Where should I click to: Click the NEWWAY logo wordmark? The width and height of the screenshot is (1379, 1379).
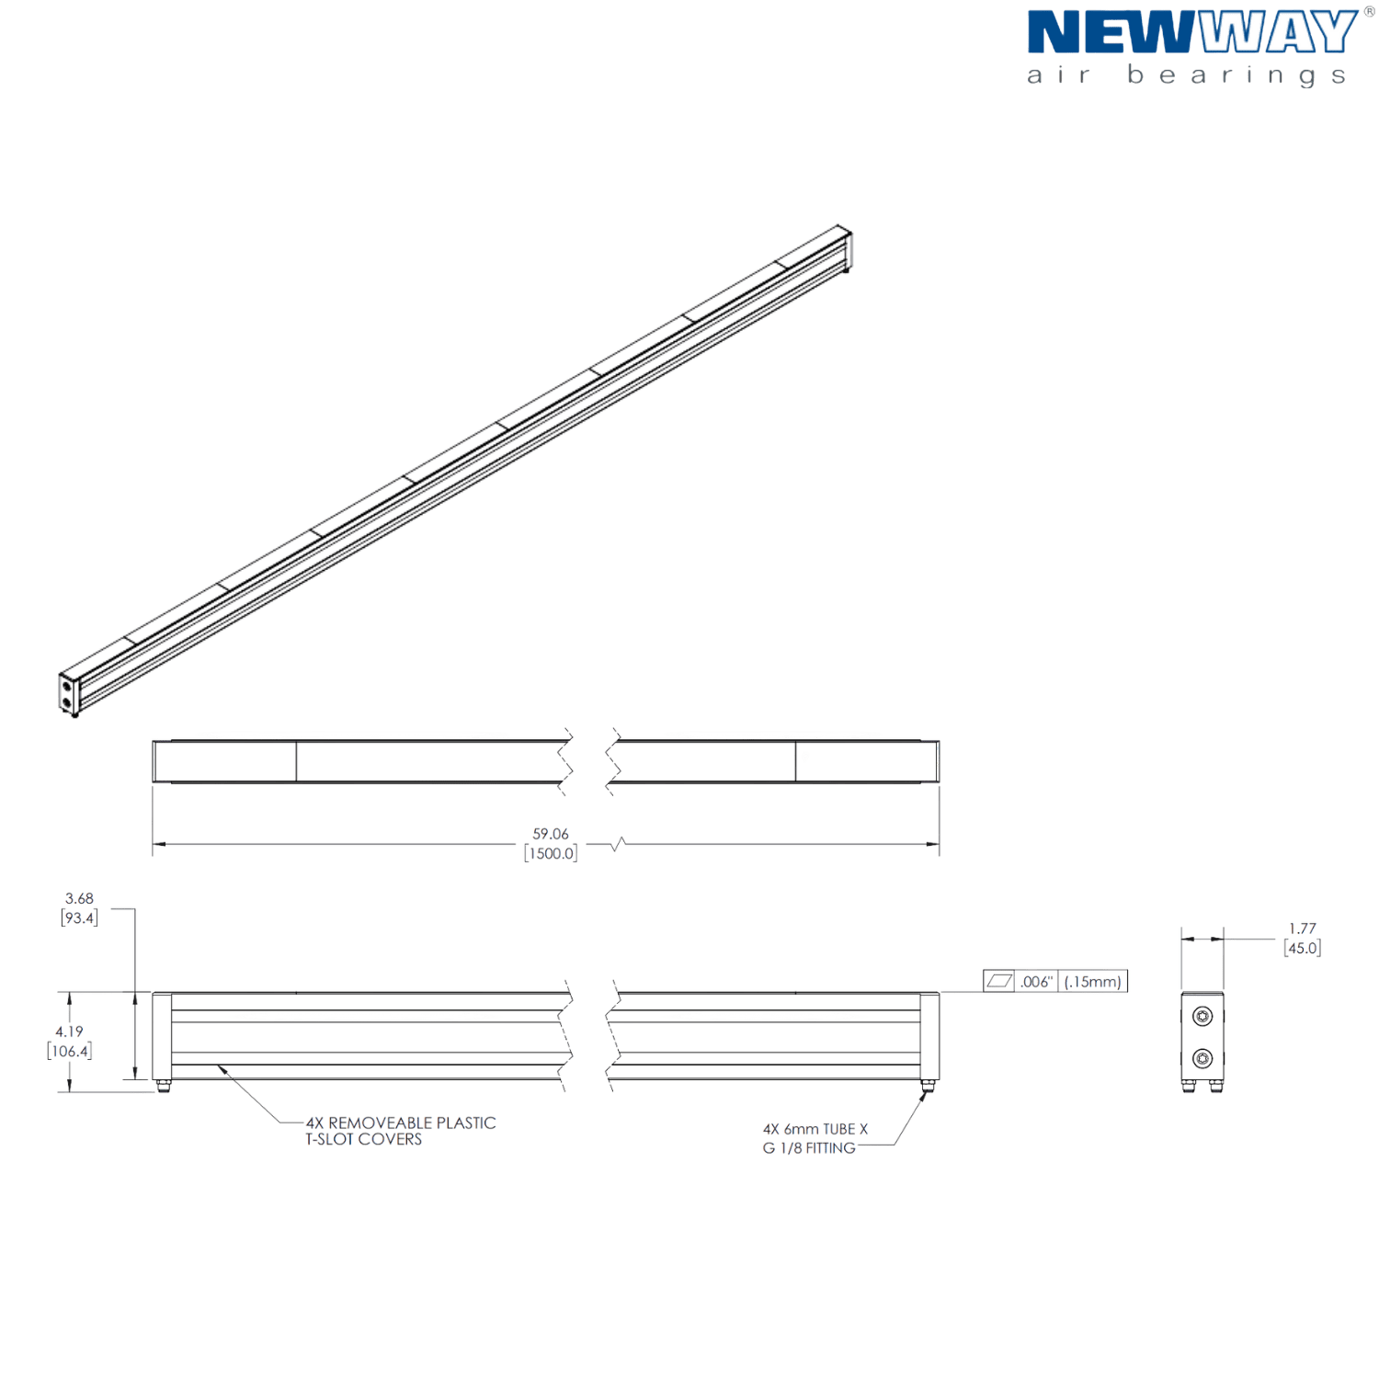pos(1191,33)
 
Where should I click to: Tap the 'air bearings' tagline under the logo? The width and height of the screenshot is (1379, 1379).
pos(1187,75)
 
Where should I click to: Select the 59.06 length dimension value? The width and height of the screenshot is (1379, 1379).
pos(551,834)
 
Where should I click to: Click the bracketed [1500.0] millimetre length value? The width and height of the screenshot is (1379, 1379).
pos(551,853)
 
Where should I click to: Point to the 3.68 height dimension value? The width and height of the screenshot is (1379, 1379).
pos(80,898)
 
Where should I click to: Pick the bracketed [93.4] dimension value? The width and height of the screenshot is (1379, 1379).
pos(80,917)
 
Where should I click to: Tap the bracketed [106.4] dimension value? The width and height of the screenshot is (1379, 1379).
pos(70,1051)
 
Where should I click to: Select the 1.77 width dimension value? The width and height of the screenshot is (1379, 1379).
pos(1303,929)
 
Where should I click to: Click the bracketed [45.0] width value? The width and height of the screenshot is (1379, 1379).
pos(1303,947)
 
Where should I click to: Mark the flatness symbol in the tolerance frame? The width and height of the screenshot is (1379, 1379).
pos(999,981)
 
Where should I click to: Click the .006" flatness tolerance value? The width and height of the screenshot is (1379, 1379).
pos(1037,981)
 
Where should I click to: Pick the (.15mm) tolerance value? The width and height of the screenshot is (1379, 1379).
pos(1093,981)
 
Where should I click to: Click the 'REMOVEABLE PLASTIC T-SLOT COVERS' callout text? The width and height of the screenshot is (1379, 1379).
pos(400,1131)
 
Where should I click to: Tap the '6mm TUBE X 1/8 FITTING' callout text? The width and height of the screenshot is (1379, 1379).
pos(815,1139)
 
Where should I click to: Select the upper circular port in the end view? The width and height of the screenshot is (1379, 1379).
pos(1202,1016)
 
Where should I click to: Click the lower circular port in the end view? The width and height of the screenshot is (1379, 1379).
pos(1202,1057)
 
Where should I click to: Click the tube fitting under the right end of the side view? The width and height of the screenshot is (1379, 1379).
pos(929,1087)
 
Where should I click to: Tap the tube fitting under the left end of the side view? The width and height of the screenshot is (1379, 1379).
pos(163,1087)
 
